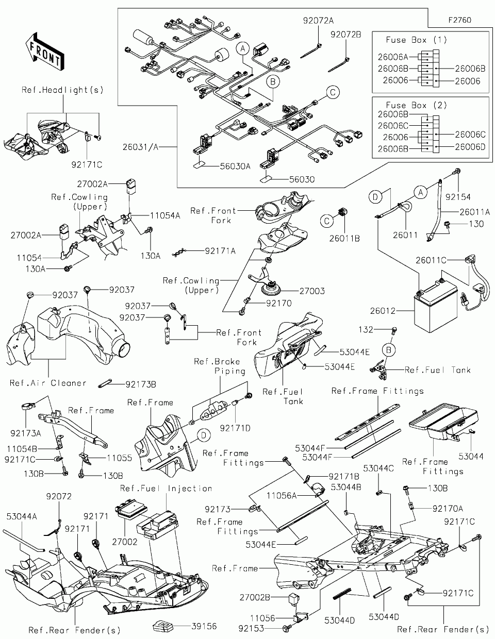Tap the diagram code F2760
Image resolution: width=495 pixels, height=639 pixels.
(459, 21)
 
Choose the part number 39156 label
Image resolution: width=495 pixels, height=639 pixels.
(204, 627)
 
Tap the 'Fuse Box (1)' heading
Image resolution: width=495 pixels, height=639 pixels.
(416, 40)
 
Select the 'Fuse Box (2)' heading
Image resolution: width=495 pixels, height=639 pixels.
(416, 105)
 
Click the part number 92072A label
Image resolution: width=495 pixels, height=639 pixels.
(318, 21)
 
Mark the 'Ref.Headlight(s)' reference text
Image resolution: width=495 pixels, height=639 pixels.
(62, 90)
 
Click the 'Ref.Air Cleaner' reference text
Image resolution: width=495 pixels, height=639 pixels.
(48, 383)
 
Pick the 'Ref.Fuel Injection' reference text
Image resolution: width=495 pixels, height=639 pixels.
(166, 488)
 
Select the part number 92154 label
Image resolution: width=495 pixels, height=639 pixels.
(459, 197)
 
